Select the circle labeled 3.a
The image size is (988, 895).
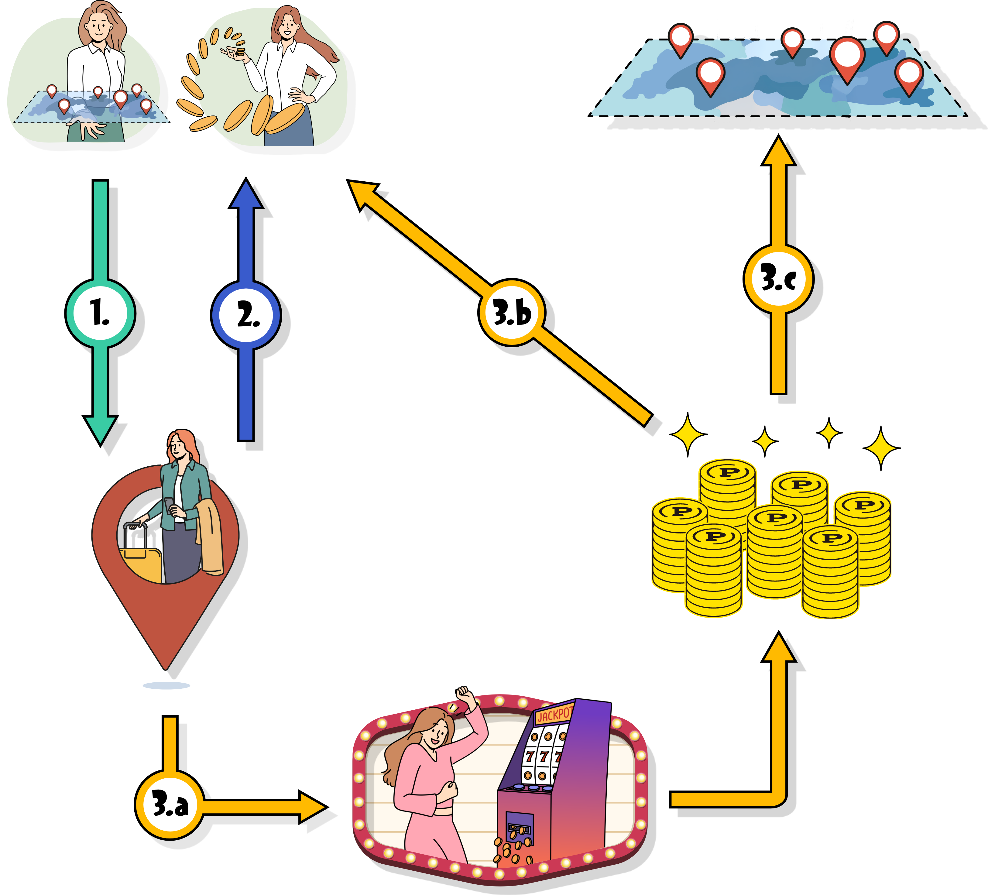click(169, 804)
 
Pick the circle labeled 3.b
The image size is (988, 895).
click(511, 312)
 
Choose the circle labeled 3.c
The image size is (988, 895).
click(778, 278)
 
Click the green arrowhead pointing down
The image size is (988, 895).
click(100, 429)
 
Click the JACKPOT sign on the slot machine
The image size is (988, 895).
click(554, 715)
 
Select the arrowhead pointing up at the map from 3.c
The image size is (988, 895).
click(778, 152)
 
